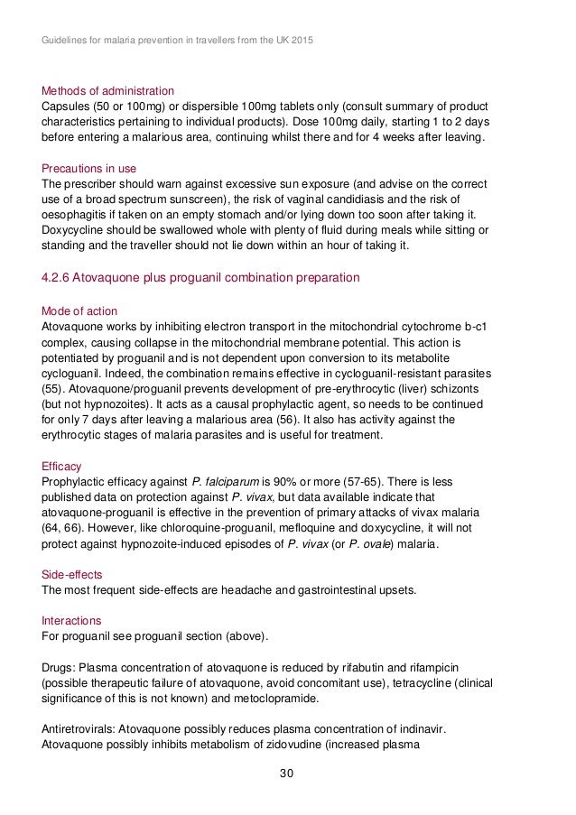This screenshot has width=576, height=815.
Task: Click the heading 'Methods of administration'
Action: (x=108, y=90)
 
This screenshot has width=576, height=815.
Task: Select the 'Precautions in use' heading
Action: (x=89, y=168)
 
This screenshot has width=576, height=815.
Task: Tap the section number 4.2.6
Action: (x=60, y=277)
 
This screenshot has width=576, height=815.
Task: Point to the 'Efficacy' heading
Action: (x=62, y=466)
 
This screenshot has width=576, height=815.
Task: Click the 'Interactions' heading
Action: (x=72, y=621)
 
